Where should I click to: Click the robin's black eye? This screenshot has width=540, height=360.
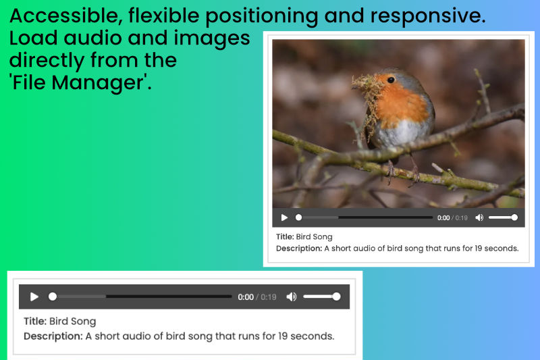[391, 80]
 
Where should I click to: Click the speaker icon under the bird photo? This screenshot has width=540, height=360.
[479, 217]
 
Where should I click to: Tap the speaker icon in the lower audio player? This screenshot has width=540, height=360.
[292, 297]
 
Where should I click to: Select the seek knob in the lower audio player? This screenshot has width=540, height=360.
[53, 297]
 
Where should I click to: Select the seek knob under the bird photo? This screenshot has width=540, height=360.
[298, 217]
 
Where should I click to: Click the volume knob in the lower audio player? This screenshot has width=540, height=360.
[336, 297]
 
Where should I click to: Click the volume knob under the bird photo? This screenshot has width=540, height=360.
[514, 217]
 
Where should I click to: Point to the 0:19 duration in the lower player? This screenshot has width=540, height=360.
[269, 297]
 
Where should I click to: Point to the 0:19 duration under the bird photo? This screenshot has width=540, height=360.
[462, 217]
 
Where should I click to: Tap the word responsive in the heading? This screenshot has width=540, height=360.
[428, 16]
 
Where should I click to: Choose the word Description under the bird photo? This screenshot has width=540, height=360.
[299, 249]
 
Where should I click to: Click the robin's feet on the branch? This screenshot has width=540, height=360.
[402, 172]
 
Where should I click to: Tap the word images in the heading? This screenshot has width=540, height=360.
[212, 38]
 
